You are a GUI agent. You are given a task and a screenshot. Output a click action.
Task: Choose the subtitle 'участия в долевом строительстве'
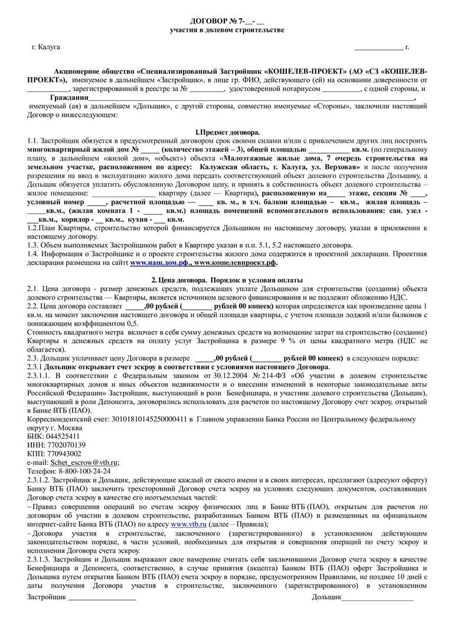227,29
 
